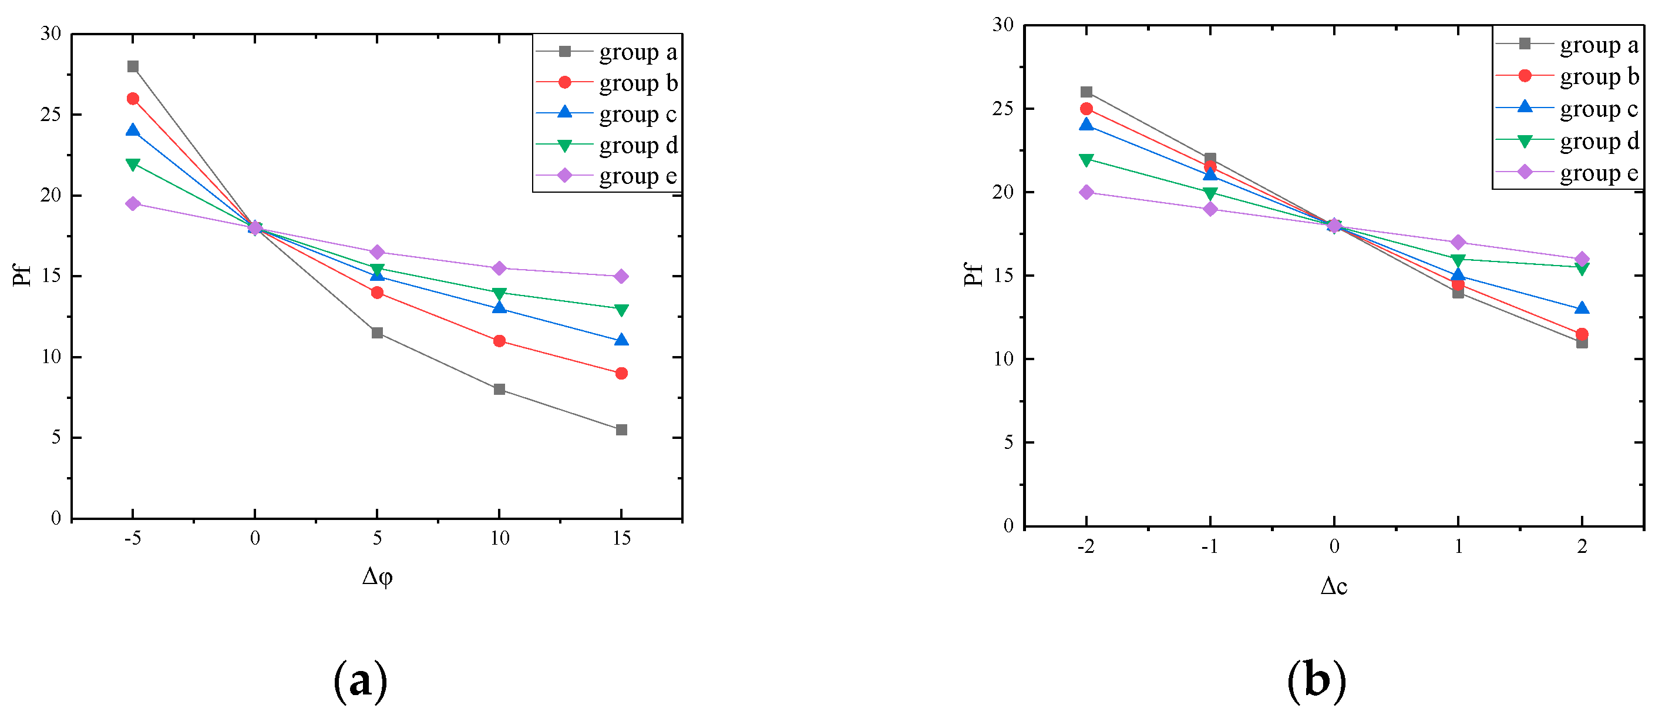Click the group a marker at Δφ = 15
pyautogui.click(x=621, y=430)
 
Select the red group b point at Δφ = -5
pyautogui.click(x=133, y=99)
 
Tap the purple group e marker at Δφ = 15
pyautogui.click(x=621, y=277)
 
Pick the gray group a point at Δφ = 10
pyautogui.click(x=499, y=390)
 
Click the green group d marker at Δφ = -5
pyautogui.click(x=133, y=165)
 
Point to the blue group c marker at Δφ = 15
pyautogui.click(x=621, y=340)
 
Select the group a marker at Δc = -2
pyautogui.click(x=1086, y=92)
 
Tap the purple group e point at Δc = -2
pyautogui.click(x=1086, y=192)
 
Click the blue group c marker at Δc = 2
pyautogui.click(x=1582, y=308)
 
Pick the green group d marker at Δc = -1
pyautogui.click(x=1210, y=193)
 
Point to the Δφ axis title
pyautogui.click(x=377, y=576)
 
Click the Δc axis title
pyautogui.click(x=1334, y=586)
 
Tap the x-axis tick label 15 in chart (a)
pyautogui.click(x=621, y=538)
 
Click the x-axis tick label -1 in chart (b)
pyautogui.click(x=1209, y=546)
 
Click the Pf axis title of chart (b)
pyautogui.click(x=974, y=274)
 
